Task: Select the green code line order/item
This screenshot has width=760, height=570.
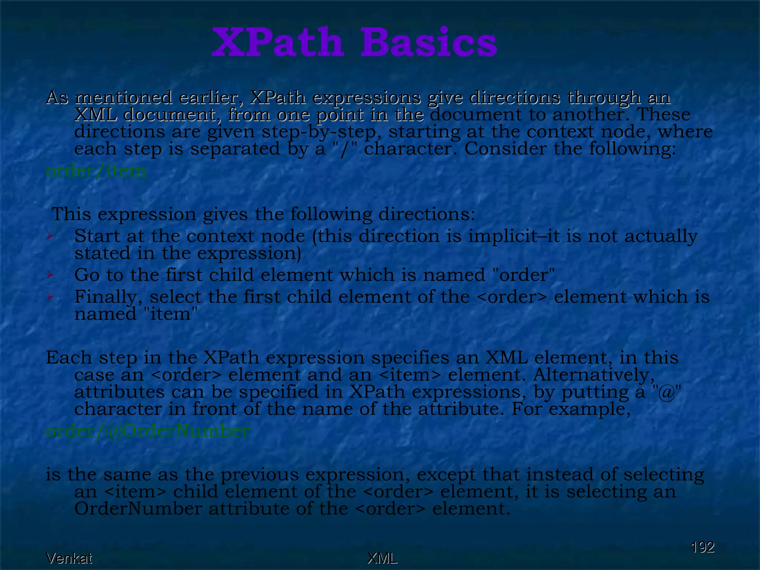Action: tap(96, 171)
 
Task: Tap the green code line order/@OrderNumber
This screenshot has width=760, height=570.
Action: tap(148, 431)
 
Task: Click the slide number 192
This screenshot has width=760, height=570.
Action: tap(702, 547)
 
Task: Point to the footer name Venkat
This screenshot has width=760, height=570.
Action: tap(69, 558)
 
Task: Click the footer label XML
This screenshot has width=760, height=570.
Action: tap(382, 558)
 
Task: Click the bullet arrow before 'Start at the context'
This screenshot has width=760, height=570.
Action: tap(50, 236)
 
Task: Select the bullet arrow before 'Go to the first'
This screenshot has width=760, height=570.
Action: tap(50, 275)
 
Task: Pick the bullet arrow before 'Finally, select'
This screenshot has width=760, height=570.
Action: tap(50, 297)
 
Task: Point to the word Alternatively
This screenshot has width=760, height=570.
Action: tap(594, 375)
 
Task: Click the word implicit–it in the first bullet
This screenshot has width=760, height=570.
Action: tap(514, 236)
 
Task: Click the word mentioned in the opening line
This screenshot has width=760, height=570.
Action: tap(124, 98)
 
